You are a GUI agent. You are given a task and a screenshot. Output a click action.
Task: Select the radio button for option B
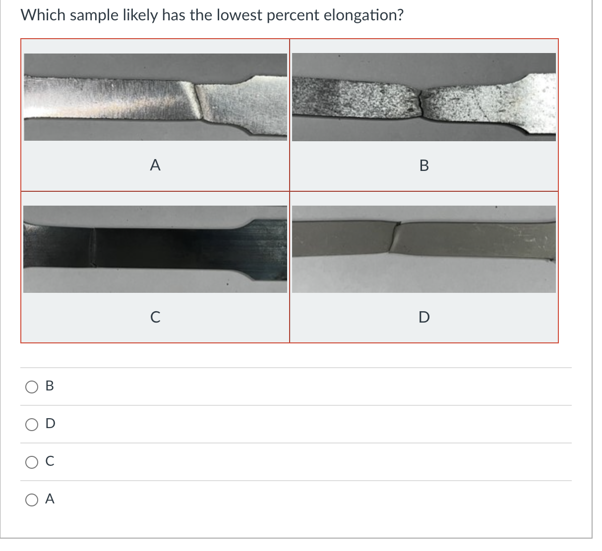pos(32,386)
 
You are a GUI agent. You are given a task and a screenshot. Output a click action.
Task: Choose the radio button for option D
pos(32,424)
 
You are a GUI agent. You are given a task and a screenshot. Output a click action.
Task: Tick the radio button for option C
pos(32,462)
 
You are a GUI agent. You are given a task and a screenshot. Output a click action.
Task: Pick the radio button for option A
pos(32,499)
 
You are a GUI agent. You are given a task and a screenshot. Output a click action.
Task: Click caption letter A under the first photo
pos(155,165)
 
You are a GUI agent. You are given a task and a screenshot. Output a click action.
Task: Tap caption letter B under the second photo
pos(424,165)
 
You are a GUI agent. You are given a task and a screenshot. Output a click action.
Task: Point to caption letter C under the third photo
pos(155,317)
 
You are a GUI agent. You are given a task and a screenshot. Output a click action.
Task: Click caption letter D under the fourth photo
pos(424,317)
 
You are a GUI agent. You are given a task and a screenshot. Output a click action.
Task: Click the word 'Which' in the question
pos(43,15)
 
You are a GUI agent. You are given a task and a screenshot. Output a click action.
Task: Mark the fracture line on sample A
pos(198,102)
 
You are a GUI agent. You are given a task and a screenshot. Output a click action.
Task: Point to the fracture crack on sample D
pos(395,237)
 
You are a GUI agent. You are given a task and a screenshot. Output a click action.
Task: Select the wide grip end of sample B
pos(538,104)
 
